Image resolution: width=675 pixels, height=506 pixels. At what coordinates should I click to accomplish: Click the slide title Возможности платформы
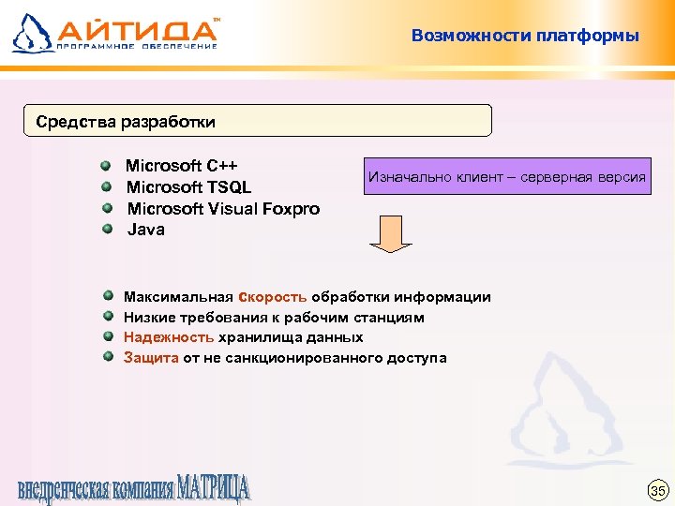point(524,37)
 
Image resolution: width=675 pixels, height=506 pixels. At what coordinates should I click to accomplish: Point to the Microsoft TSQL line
point(188,187)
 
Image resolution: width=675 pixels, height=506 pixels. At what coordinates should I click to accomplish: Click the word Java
point(145,230)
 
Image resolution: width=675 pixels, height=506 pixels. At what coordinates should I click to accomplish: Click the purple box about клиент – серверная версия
point(507,176)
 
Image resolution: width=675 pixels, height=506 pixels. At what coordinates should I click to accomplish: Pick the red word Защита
point(151,358)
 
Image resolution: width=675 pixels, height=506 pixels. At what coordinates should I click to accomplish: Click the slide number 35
point(657,491)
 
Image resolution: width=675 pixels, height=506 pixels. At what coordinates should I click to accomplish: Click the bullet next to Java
point(108,229)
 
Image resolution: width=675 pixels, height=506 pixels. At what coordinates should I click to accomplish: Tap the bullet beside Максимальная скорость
point(108,296)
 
